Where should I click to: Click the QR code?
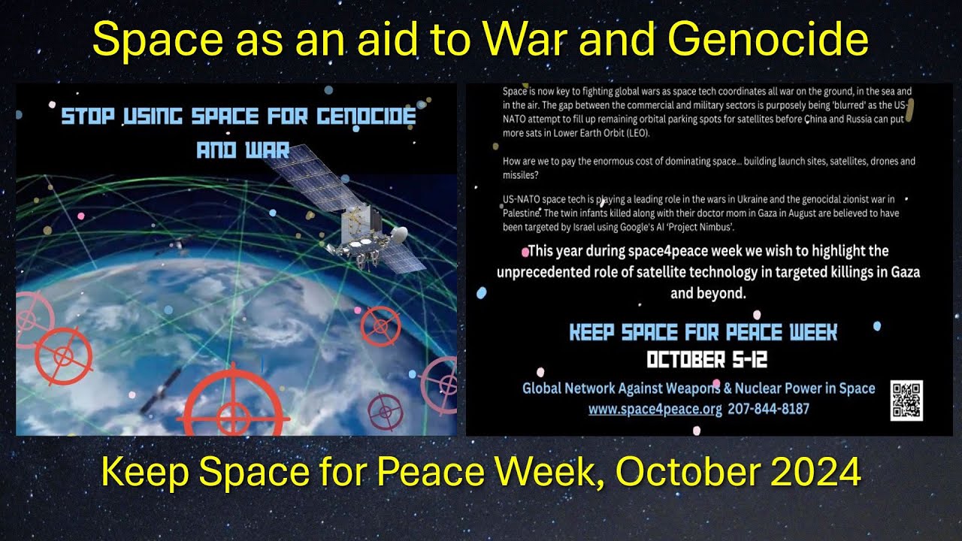[906, 400]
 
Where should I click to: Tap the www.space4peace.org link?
[655, 410]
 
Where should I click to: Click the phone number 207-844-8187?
[768, 410]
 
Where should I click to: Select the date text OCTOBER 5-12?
[706, 360]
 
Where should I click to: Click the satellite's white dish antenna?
[398, 234]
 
